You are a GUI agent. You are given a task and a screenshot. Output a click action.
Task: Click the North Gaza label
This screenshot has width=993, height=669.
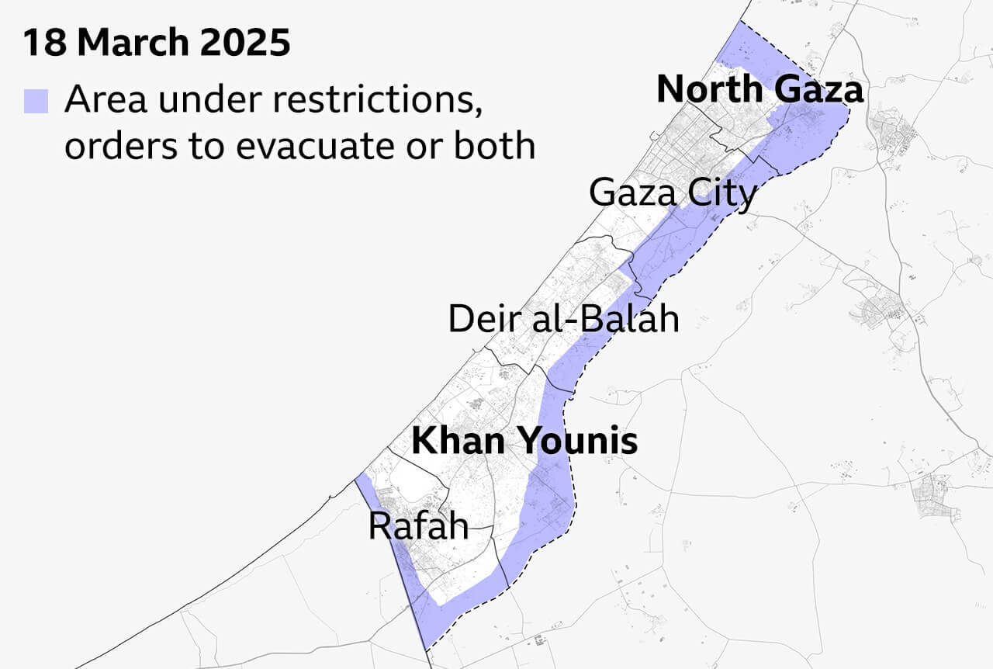pyautogui.click(x=759, y=90)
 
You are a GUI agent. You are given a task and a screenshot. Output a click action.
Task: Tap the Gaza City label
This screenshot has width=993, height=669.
pyautogui.click(x=672, y=192)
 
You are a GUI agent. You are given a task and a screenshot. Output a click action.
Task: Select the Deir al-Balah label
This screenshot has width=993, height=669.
pyautogui.click(x=563, y=319)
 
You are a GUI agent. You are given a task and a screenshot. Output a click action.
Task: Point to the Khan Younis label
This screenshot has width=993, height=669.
pyautogui.click(x=524, y=442)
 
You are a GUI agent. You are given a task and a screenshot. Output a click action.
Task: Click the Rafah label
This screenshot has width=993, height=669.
pyautogui.click(x=418, y=526)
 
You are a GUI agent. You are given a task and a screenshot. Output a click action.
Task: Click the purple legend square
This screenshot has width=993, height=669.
pyautogui.click(x=36, y=102)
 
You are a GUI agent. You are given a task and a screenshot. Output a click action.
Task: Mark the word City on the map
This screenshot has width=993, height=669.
pyautogui.click(x=721, y=192)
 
